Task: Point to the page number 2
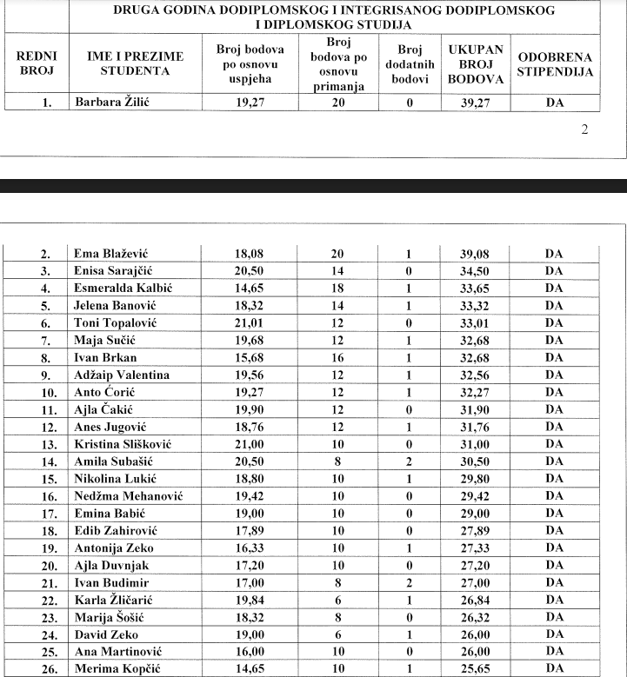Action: [584, 129]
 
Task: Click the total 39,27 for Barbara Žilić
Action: [476, 101]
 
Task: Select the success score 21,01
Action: [249, 322]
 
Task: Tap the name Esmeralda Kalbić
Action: [123, 288]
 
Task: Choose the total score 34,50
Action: [476, 271]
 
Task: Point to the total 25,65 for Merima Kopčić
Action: [476, 667]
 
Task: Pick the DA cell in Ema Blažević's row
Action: [555, 254]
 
